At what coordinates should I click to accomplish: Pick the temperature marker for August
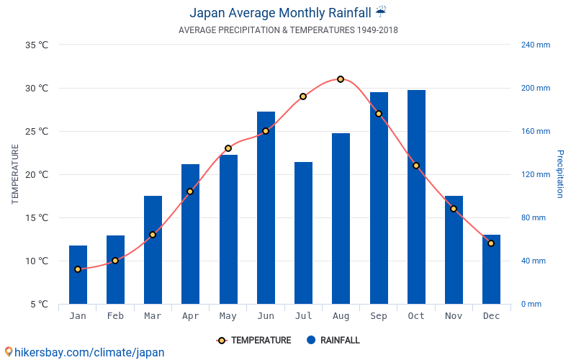[341, 79]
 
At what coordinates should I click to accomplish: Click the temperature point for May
[228, 148]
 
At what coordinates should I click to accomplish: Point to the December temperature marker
[491, 243]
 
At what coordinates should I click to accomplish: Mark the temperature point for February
[115, 261]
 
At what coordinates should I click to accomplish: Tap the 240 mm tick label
[535, 45]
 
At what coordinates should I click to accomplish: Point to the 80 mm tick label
[534, 217]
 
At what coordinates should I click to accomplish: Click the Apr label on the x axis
[190, 316]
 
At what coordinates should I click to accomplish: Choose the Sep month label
[379, 316]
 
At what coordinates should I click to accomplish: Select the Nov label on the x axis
[454, 316]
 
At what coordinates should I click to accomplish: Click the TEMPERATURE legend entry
[253, 340]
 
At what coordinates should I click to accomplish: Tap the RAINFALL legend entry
[333, 340]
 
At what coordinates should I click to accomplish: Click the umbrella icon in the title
[381, 12]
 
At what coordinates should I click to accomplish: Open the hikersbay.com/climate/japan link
[84, 352]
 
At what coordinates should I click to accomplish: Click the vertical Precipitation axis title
[560, 174]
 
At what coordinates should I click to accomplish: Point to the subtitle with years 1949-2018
[288, 30]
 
